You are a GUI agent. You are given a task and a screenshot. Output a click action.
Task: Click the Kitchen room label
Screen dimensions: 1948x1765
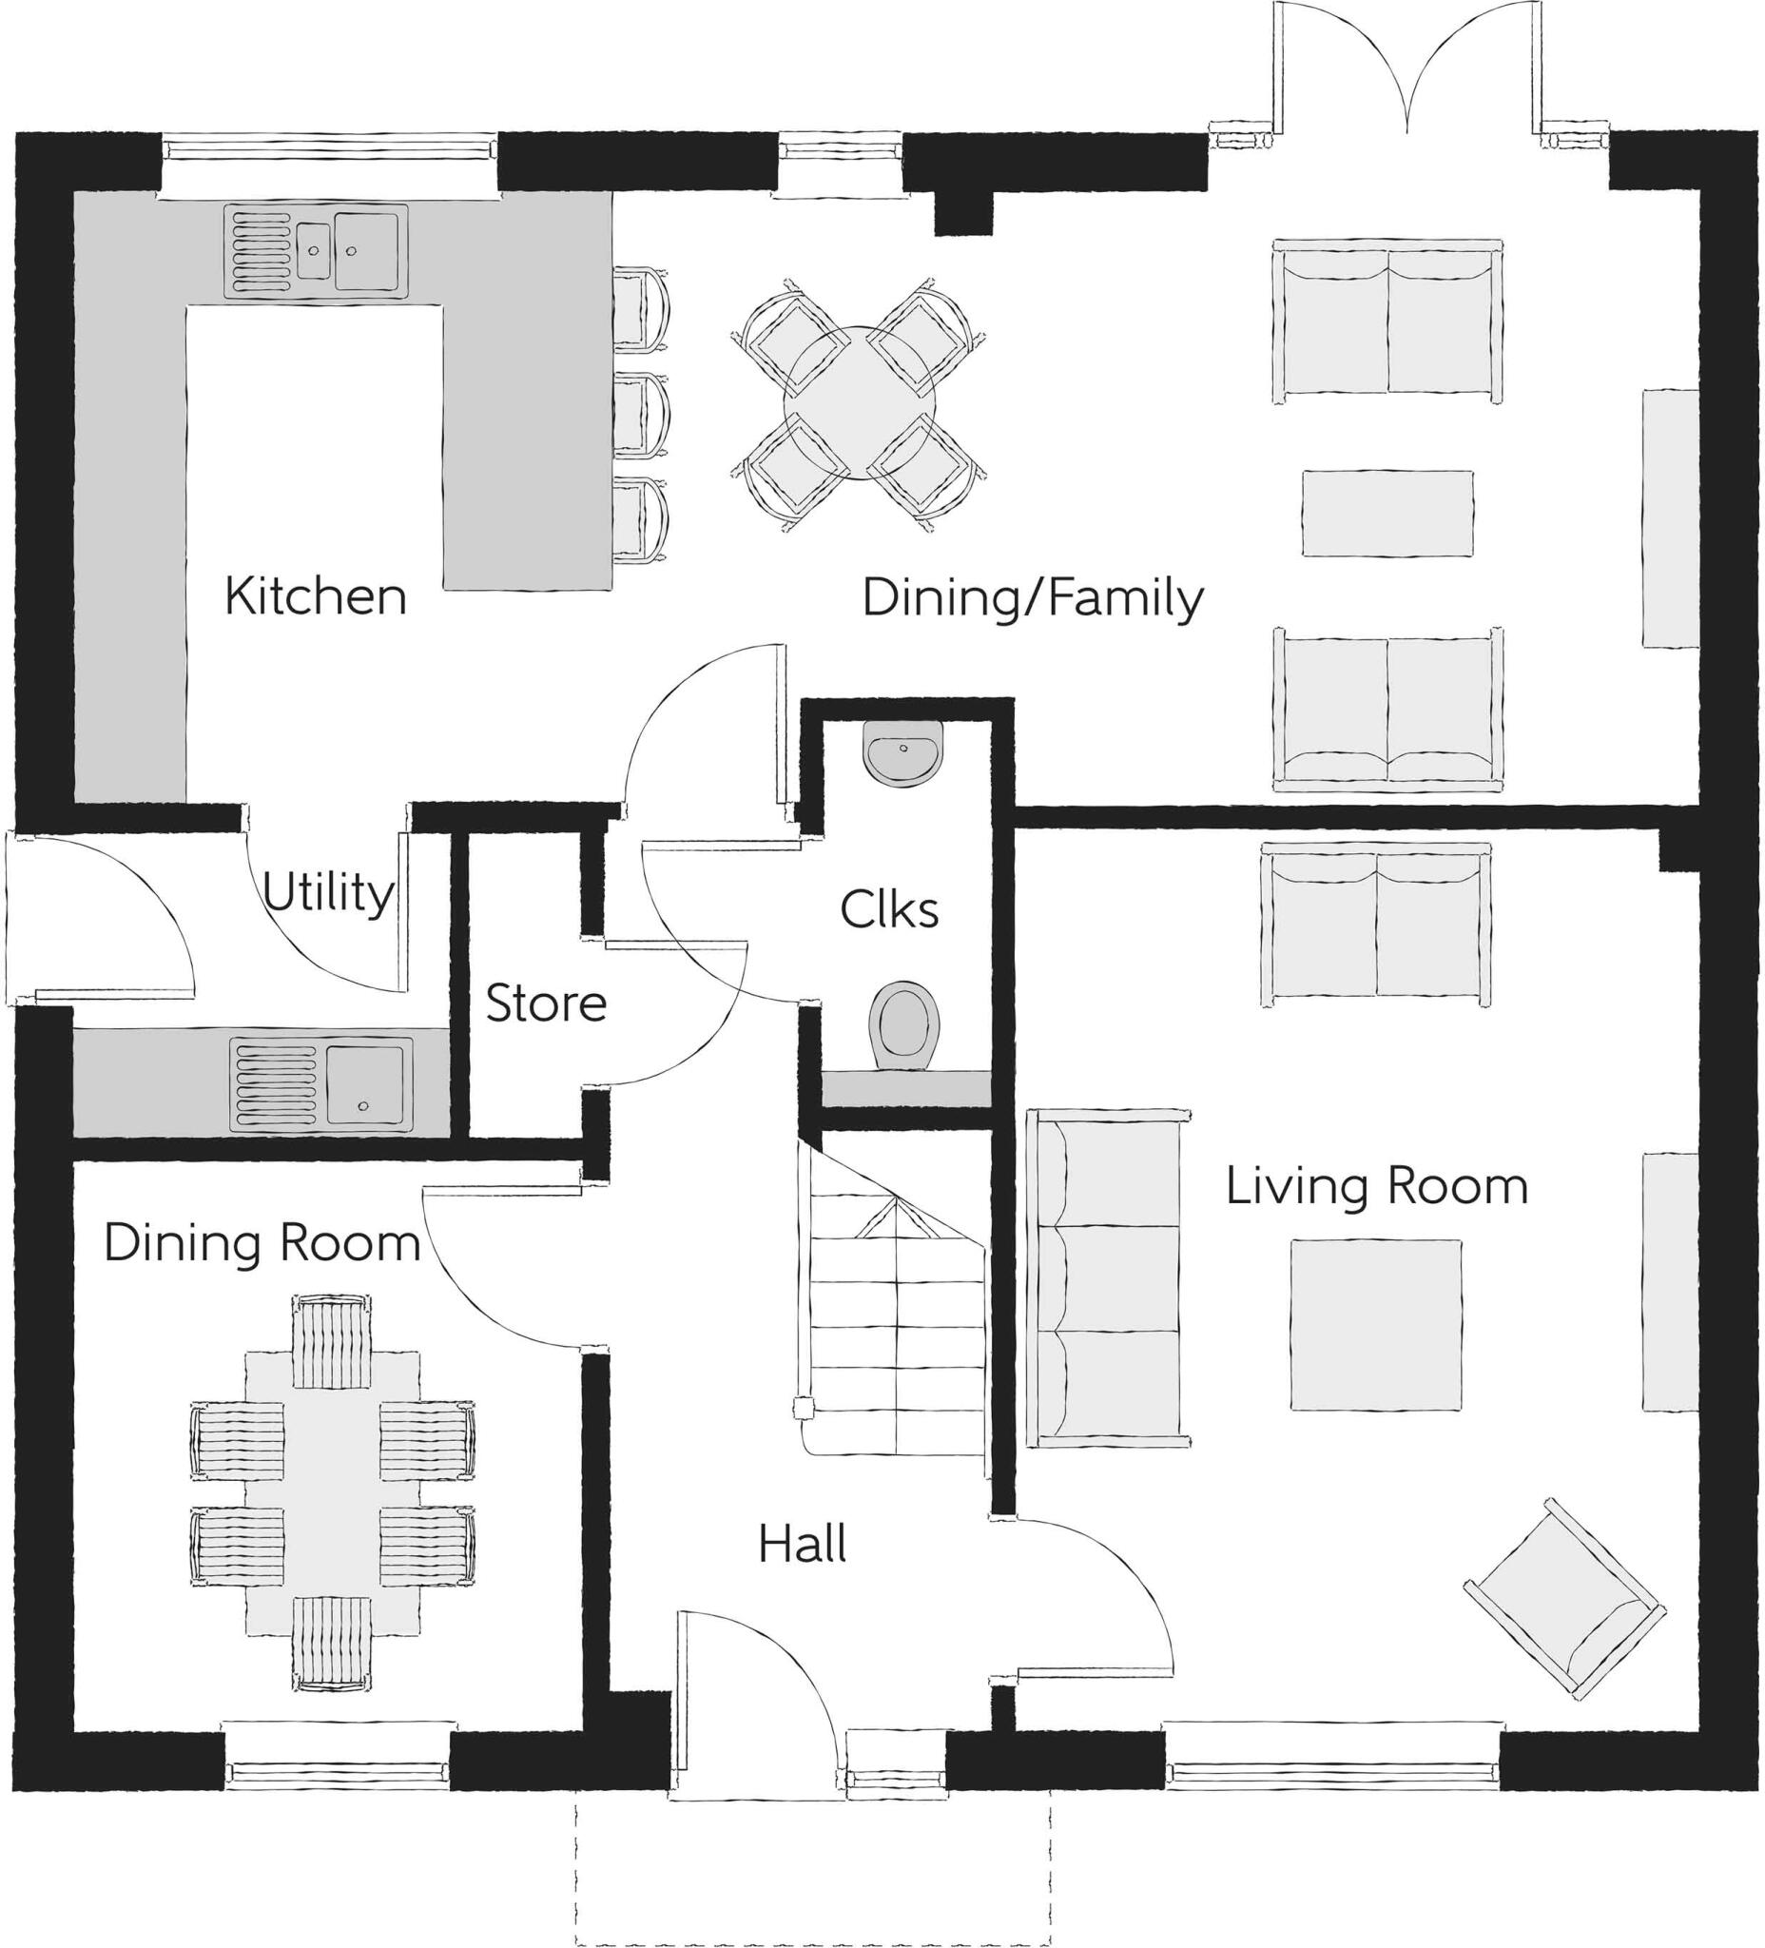315,596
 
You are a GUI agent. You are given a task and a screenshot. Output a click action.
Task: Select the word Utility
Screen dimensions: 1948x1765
328,892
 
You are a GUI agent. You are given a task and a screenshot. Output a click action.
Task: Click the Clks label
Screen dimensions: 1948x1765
889,909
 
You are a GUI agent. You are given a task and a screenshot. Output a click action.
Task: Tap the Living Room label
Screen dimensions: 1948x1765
1376,1185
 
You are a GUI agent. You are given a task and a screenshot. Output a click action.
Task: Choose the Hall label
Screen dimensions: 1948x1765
802,1543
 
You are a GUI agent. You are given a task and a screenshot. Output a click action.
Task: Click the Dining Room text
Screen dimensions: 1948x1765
262,1242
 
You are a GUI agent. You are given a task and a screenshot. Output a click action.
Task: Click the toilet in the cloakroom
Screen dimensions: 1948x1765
904,1026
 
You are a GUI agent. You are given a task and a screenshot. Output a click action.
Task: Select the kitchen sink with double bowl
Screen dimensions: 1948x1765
316,251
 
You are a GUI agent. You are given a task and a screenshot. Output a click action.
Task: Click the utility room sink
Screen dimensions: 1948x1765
320,1085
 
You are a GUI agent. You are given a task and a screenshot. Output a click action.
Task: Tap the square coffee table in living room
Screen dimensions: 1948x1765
1376,1325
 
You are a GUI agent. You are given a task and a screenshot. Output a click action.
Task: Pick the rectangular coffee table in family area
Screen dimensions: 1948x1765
1387,513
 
